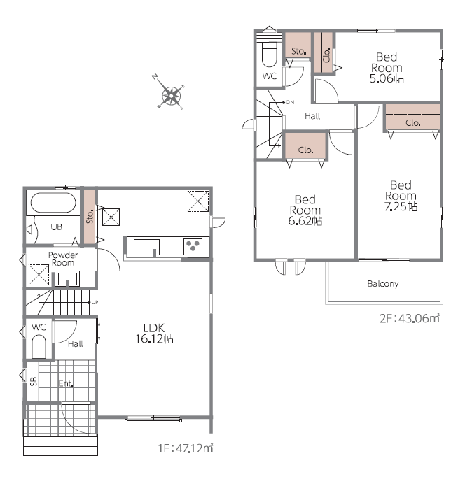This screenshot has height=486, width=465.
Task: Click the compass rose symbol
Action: coord(171,95)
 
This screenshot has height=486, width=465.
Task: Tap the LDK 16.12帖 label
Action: coord(154,334)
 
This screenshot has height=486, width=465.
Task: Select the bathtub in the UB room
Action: coord(53,202)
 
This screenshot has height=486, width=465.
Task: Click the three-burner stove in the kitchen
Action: coord(193,246)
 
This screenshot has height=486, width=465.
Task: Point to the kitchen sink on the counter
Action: coord(146,247)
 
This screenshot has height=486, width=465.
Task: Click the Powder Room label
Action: coord(63,259)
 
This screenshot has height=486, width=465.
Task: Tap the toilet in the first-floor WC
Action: coord(39,347)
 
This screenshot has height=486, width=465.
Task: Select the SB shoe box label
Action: coord(33,381)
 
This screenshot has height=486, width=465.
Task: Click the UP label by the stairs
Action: coord(95,303)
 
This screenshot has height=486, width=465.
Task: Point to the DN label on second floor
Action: coord(290,102)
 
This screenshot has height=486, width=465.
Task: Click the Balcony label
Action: coord(383,284)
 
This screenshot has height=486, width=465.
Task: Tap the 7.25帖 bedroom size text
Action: coord(401,206)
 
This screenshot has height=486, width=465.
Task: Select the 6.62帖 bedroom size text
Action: coord(305,221)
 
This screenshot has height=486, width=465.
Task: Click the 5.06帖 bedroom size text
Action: coord(387,78)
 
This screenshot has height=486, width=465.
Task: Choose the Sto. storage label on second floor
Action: coord(298,51)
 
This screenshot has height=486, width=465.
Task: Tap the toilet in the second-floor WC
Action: coord(269,55)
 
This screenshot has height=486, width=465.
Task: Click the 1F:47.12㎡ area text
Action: coord(186,448)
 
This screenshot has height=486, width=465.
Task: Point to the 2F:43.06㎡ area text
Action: coord(410,318)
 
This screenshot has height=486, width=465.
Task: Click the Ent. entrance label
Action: coord(66,384)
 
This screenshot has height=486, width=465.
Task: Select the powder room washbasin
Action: coord(67,278)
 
